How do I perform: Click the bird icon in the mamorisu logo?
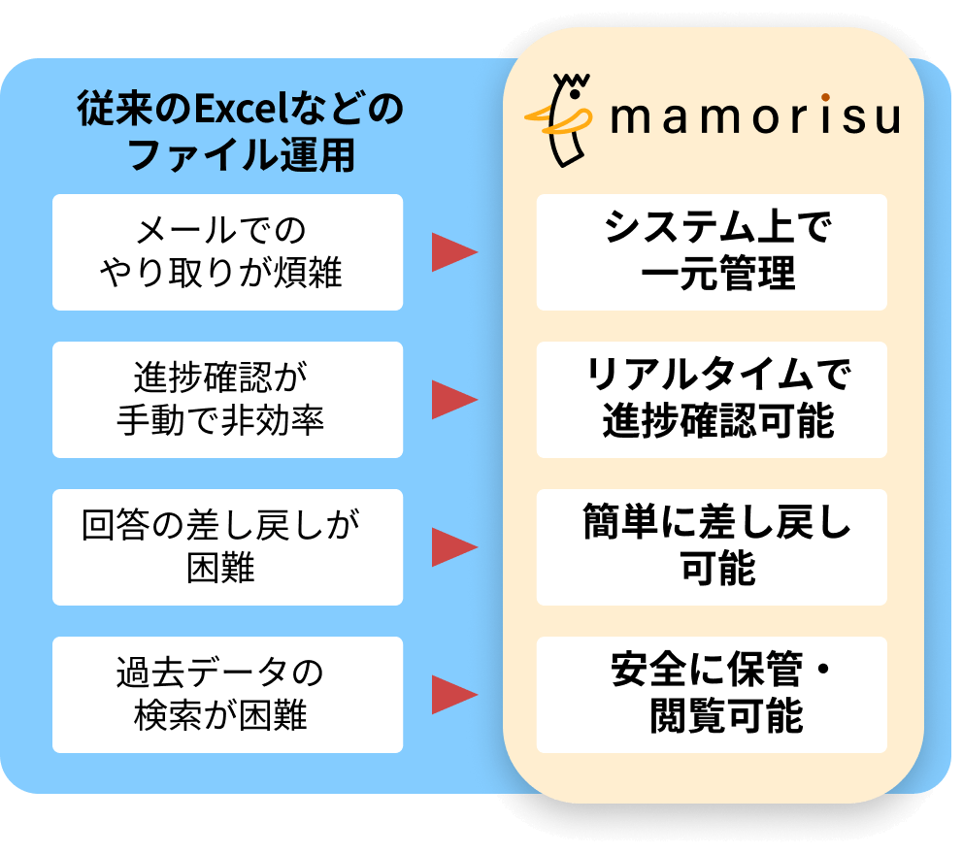coord(564,118)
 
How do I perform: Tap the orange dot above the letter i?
coord(824,97)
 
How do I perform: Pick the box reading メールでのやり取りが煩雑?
coord(227,252)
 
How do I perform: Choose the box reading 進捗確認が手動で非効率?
coord(227,400)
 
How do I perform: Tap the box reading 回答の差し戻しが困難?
coord(227,547)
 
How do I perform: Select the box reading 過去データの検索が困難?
coord(227,695)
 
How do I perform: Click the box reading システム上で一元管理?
coord(712,252)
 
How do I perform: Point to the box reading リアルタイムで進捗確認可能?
coord(712,400)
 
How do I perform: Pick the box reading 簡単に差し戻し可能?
coord(712,547)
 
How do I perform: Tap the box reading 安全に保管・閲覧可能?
coord(712,695)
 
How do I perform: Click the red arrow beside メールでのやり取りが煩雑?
coord(453,252)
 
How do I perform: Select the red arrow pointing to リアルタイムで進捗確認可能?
coord(453,400)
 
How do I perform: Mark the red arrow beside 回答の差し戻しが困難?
coord(453,547)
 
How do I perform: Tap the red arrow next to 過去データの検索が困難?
coord(453,695)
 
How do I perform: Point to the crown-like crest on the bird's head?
coord(573,81)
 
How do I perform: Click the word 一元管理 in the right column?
coord(718,275)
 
